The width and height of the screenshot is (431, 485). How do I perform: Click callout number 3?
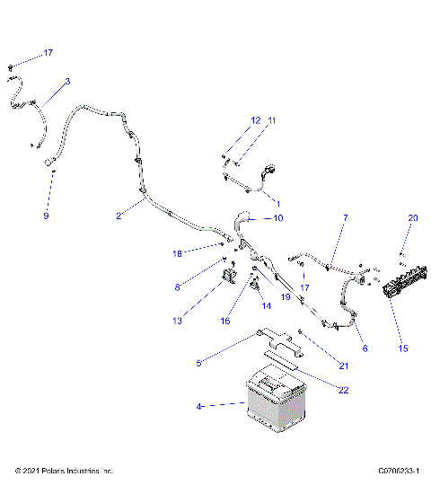pos(67,82)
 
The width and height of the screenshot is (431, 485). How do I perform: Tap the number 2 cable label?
pos(118,216)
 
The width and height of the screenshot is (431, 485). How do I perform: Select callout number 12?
pos(255,119)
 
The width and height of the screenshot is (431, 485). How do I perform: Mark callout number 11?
pos(272,119)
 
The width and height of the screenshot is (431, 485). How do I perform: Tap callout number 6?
pos(364,348)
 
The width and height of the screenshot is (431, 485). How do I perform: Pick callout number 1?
pos(277,205)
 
